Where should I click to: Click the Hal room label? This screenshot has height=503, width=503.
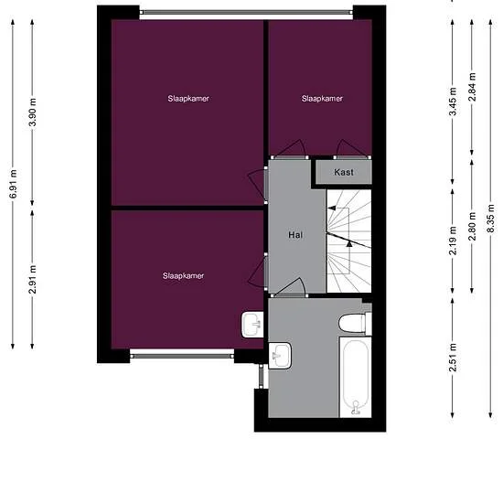294,235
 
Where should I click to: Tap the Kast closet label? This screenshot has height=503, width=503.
344,172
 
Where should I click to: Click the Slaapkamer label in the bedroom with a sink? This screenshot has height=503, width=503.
183,275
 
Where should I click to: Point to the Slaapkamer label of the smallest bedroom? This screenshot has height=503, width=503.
322,98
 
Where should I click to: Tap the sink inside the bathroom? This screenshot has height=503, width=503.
280,353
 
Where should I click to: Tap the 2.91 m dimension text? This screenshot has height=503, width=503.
33,278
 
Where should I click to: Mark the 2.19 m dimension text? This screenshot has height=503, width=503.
453,244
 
